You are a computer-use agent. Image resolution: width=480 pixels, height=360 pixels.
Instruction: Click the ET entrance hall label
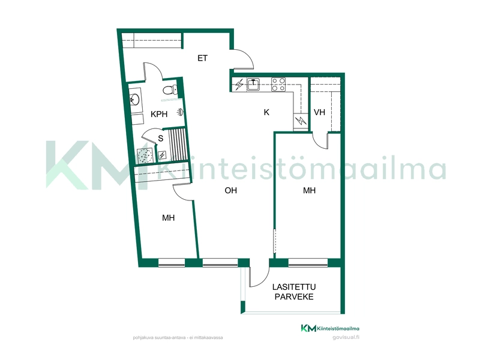click(x=202, y=58)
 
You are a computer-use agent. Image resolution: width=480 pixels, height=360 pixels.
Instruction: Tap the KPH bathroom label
click(x=159, y=114)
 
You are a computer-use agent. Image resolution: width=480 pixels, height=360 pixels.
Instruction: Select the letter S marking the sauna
click(x=161, y=139)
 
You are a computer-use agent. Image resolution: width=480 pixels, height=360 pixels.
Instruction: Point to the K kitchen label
click(x=266, y=112)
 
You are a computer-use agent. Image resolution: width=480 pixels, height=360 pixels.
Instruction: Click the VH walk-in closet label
click(x=319, y=112)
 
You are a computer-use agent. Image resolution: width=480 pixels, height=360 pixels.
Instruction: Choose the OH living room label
click(x=231, y=190)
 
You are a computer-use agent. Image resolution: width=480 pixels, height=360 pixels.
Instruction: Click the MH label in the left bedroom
click(x=169, y=218)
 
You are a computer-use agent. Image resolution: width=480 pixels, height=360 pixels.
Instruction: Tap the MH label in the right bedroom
click(x=309, y=190)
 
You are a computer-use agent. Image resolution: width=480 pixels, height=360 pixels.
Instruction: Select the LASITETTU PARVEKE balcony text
click(x=294, y=292)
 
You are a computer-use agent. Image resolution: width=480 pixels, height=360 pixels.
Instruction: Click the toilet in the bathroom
click(x=169, y=90)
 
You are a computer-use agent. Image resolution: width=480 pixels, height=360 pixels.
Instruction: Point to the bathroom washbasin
click(x=134, y=98)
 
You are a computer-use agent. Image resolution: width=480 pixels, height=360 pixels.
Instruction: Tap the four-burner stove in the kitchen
click(x=278, y=85)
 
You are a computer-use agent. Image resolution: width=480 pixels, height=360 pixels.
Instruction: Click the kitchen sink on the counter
click(x=253, y=85)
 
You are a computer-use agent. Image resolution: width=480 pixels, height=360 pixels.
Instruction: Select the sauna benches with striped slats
click(x=178, y=145)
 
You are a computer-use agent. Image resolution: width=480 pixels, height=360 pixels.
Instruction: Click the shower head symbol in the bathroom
click(x=181, y=112)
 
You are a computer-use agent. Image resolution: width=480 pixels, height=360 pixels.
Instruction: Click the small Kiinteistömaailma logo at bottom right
click(x=330, y=328)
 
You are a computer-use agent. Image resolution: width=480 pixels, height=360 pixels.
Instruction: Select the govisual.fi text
click(x=346, y=338)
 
